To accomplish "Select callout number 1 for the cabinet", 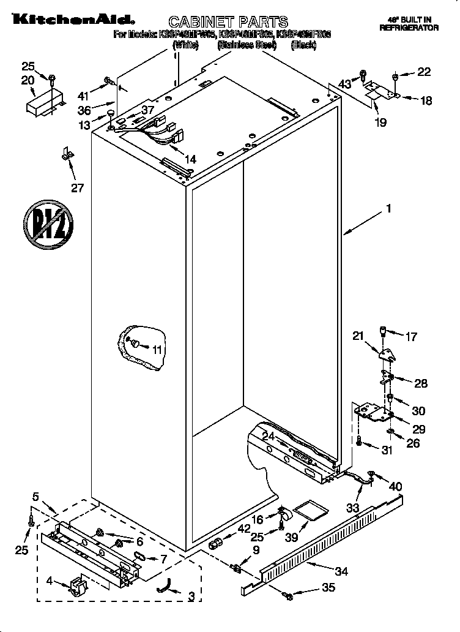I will click(387, 209).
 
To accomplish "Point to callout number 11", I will click(157, 350).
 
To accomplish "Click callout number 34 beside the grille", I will click(341, 572).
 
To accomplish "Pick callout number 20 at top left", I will click(28, 80).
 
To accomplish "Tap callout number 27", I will click(77, 187).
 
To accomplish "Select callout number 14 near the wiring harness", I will click(190, 159).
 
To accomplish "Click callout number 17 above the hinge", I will click(411, 336).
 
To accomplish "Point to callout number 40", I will click(396, 486).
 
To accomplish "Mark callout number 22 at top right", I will click(424, 72).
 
